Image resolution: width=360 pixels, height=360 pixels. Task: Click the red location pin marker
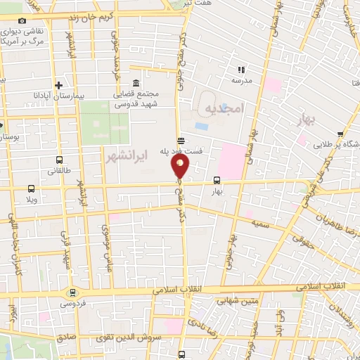point(181,166)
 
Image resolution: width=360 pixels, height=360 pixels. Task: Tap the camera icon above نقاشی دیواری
point(22,21)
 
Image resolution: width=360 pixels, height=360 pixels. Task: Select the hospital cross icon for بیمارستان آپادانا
point(68,84)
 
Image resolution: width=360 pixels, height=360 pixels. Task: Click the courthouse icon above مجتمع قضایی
point(136,82)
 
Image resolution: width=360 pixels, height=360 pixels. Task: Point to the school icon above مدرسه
point(242,70)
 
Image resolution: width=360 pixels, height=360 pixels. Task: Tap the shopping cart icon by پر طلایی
point(341,133)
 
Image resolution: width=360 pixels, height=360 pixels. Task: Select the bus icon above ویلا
point(31,188)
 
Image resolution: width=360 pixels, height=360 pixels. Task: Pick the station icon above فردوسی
point(72,292)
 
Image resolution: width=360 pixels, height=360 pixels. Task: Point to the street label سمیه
point(255,222)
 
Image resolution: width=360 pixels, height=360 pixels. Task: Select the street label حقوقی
point(301,243)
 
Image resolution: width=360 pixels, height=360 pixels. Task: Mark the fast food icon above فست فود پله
point(181,139)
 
